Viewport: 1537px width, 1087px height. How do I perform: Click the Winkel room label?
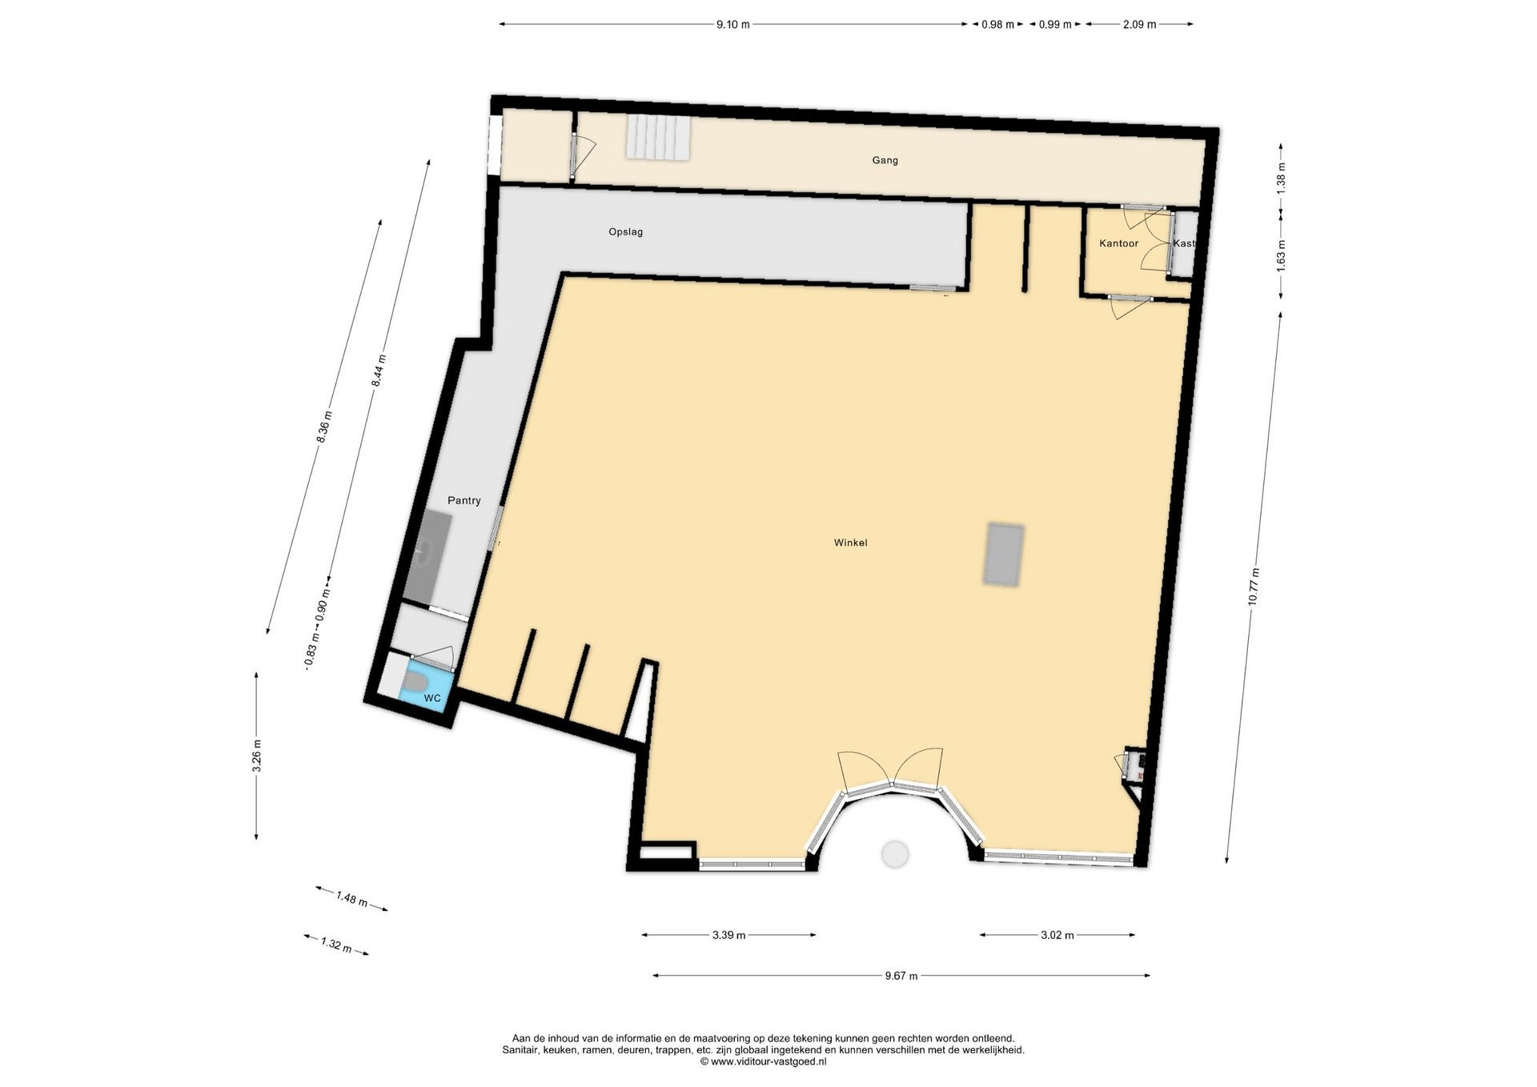coord(850,543)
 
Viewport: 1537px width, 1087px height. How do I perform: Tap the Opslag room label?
coord(625,232)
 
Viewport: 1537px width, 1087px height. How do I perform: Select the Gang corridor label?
coord(885,160)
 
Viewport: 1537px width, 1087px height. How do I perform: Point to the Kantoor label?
coord(1118,243)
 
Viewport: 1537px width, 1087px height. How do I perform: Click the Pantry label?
coord(464,500)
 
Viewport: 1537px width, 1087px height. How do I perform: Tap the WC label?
coord(432,699)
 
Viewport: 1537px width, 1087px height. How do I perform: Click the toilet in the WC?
coord(414,681)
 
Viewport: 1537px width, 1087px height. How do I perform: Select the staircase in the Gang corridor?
coord(658,138)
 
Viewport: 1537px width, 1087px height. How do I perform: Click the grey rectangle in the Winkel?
coord(1004,554)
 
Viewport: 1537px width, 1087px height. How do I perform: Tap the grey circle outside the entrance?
coord(895,854)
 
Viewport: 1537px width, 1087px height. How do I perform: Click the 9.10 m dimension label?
coord(732,25)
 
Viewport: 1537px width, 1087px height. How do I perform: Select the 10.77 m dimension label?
coord(1254,587)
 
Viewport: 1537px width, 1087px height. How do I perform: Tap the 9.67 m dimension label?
coord(901,976)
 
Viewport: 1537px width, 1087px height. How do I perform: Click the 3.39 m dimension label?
coord(728,935)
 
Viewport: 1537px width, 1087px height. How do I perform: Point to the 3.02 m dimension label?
coord(1057,935)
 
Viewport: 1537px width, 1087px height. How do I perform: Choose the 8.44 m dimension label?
coord(379,371)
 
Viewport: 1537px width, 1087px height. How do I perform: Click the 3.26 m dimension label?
coord(256,756)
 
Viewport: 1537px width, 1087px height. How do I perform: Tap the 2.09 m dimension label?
coord(1139,25)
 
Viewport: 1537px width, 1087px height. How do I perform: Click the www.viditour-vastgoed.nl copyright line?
coord(763,1061)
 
